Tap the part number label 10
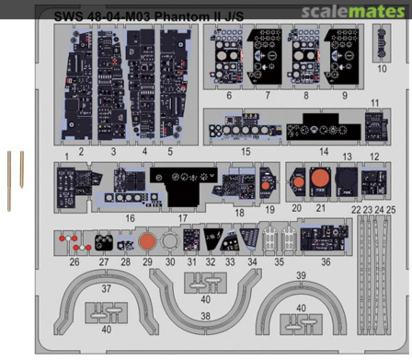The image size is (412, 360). [x=382, y=69]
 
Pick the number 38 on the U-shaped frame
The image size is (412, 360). [x=205, y=316]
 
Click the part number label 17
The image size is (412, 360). [x=183, y=218]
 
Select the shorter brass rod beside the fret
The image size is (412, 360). [x=22, y=169]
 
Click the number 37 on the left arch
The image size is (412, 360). [x=106, y=289]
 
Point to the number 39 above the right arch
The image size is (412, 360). [x=301, y=276]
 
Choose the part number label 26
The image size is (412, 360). [x=74, y=262]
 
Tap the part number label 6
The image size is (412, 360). [x=229, y=95]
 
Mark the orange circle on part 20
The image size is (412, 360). [x=299, y=182]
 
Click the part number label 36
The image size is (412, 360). [x=325, y=262]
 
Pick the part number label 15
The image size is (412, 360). [x=246, y=152]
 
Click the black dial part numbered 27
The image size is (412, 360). [x=104, y=241]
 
